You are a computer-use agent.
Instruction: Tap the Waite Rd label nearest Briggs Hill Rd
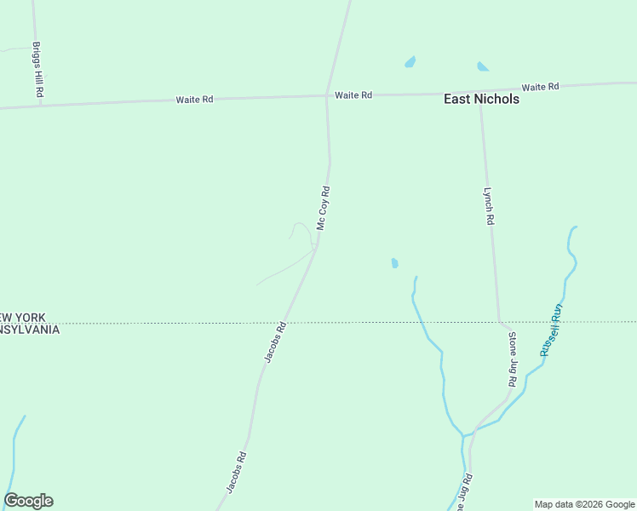click(x=194, y=100)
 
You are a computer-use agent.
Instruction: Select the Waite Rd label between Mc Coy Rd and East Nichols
click(x=353, y=95)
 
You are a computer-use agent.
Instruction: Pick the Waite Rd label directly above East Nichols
click(x=540, y=87)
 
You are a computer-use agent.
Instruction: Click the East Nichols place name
click(x=481, y=99)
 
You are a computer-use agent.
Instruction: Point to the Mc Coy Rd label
click(x=323, y=208)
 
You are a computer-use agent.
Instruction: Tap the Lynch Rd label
click(x=489, y=206)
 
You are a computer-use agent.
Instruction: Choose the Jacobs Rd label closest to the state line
click(x=274, y=342)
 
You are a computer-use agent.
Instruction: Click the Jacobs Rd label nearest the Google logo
click(x=237, y=471)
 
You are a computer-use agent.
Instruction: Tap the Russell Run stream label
click(x=550, y=330)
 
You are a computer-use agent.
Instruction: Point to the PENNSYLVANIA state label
click(x=29, y=330)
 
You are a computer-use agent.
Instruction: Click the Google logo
click(x=28, y=501)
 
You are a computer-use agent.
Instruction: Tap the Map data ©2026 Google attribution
click(x=584, y=504)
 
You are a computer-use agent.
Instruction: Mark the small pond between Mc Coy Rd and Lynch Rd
click(x=394, y=263)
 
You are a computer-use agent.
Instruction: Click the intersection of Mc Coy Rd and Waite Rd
click(x=327, y=95)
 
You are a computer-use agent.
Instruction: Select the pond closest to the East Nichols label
click(x=483, y=66)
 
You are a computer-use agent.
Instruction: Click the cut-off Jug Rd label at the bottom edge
click(x=462, y=493)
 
